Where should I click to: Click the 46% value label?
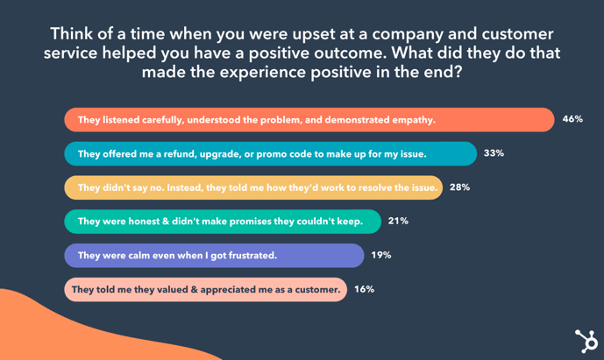pos(572,119)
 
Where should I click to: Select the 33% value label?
pos(494,153)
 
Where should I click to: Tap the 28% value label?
pos(459,187)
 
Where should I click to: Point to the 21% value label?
pos(398,222)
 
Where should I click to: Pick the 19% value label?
pos(380,256)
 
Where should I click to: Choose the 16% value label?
pos(364,289)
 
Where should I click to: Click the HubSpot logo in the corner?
pos(585,340)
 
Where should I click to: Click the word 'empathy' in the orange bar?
pos(409,119)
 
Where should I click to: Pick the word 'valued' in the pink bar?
pos(174,289)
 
